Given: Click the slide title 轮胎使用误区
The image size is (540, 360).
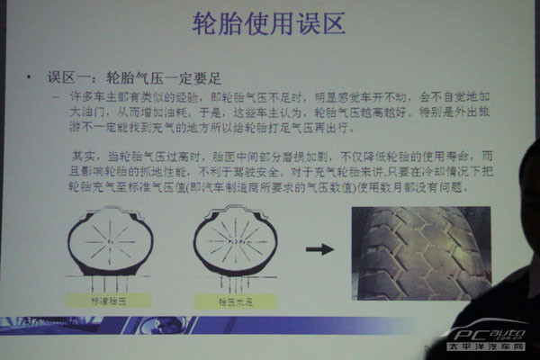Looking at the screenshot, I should [269, 25].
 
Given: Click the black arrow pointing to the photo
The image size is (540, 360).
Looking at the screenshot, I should [318, 247].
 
